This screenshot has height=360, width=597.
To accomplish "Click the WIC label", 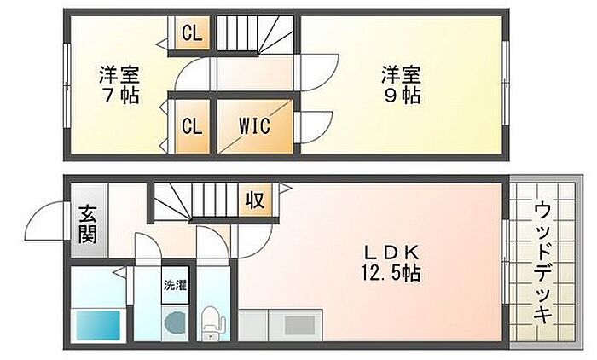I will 253,126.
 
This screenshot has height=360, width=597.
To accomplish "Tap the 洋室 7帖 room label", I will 119,84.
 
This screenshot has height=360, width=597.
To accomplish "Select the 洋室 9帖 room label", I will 400,84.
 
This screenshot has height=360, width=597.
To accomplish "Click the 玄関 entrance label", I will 88,224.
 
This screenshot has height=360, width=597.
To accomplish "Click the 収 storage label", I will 254,201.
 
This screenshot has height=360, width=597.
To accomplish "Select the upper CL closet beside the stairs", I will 192,35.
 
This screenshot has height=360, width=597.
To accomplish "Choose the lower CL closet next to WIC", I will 192,126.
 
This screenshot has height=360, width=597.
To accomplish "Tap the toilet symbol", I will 212,326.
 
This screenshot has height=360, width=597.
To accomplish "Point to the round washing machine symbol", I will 174,325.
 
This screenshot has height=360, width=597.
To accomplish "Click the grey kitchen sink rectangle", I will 298,325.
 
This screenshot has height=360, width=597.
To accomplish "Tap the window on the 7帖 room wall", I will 67,84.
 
